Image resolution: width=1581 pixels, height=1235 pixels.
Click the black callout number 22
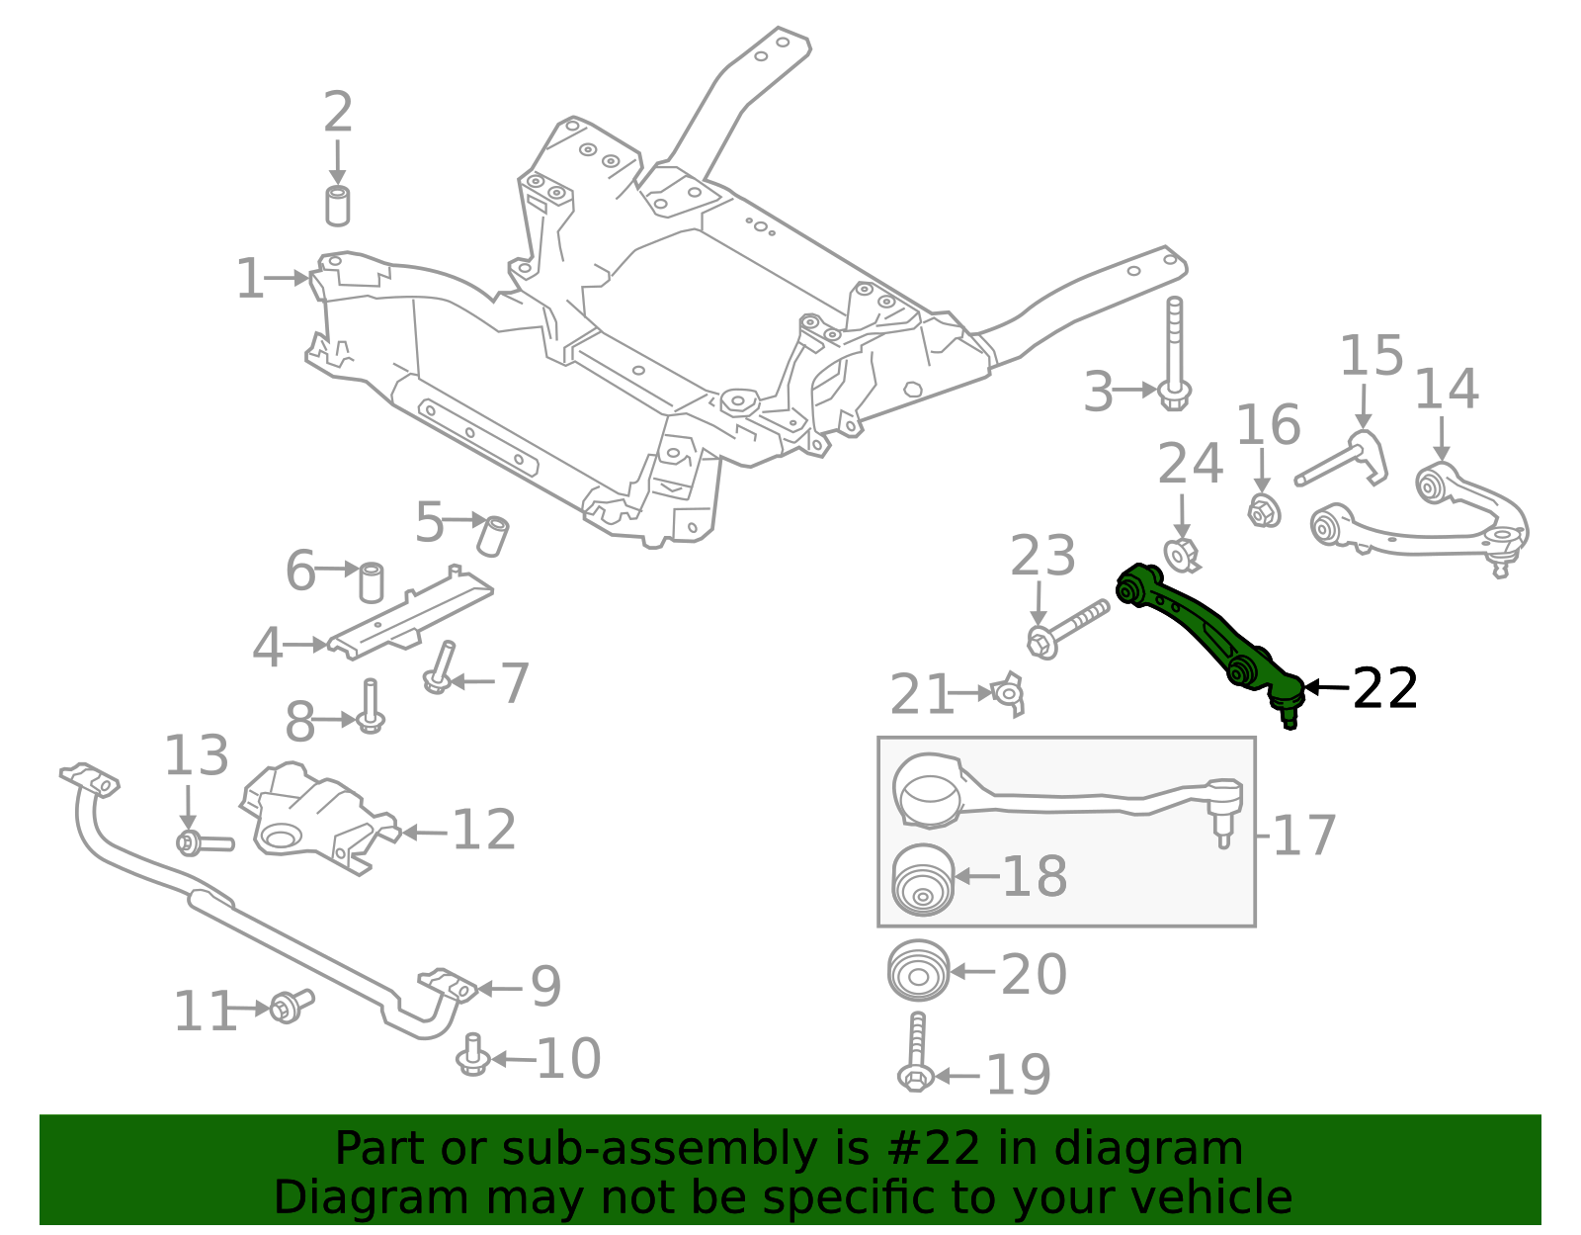pyautogui.click(x=1384, y=688)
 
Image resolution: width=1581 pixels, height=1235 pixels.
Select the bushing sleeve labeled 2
pyautogui.click(x=338, y=205)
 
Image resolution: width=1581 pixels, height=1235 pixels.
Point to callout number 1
pyautogui.click(x=250, y=280)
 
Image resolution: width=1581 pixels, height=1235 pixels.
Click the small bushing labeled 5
pyautogui.click(x=494, y=535)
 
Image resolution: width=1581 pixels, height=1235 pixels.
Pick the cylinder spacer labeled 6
pyautogui.click(x=371, y=582)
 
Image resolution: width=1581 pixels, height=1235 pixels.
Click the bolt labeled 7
pyautogui.click(x=441, y=667)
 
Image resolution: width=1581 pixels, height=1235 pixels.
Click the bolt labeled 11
pyautogui.click(x=290, y=1006)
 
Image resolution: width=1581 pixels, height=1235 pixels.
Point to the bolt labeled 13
pyautogui.click(x=203, y=843)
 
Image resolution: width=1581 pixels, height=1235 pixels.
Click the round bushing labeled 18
pyautogui.click(x=923, y=880)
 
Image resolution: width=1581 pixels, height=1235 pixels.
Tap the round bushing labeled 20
pyautogui.click(x=919, y=971)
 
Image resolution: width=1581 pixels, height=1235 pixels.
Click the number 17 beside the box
pyautogui.click(x=1303, y=836)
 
